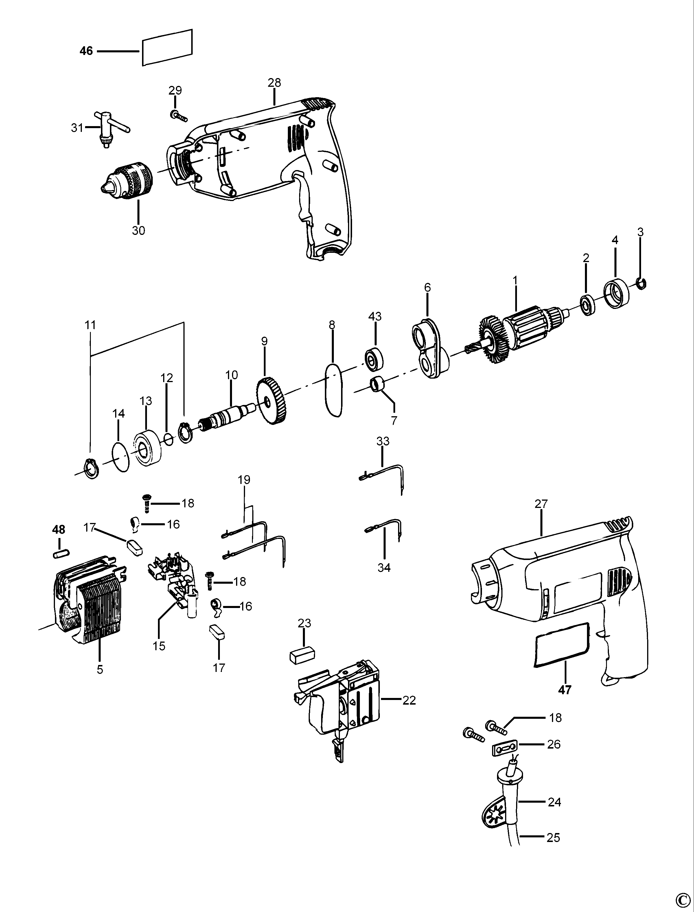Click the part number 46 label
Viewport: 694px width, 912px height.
point(86,51)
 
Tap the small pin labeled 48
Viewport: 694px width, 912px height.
point(61,553)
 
